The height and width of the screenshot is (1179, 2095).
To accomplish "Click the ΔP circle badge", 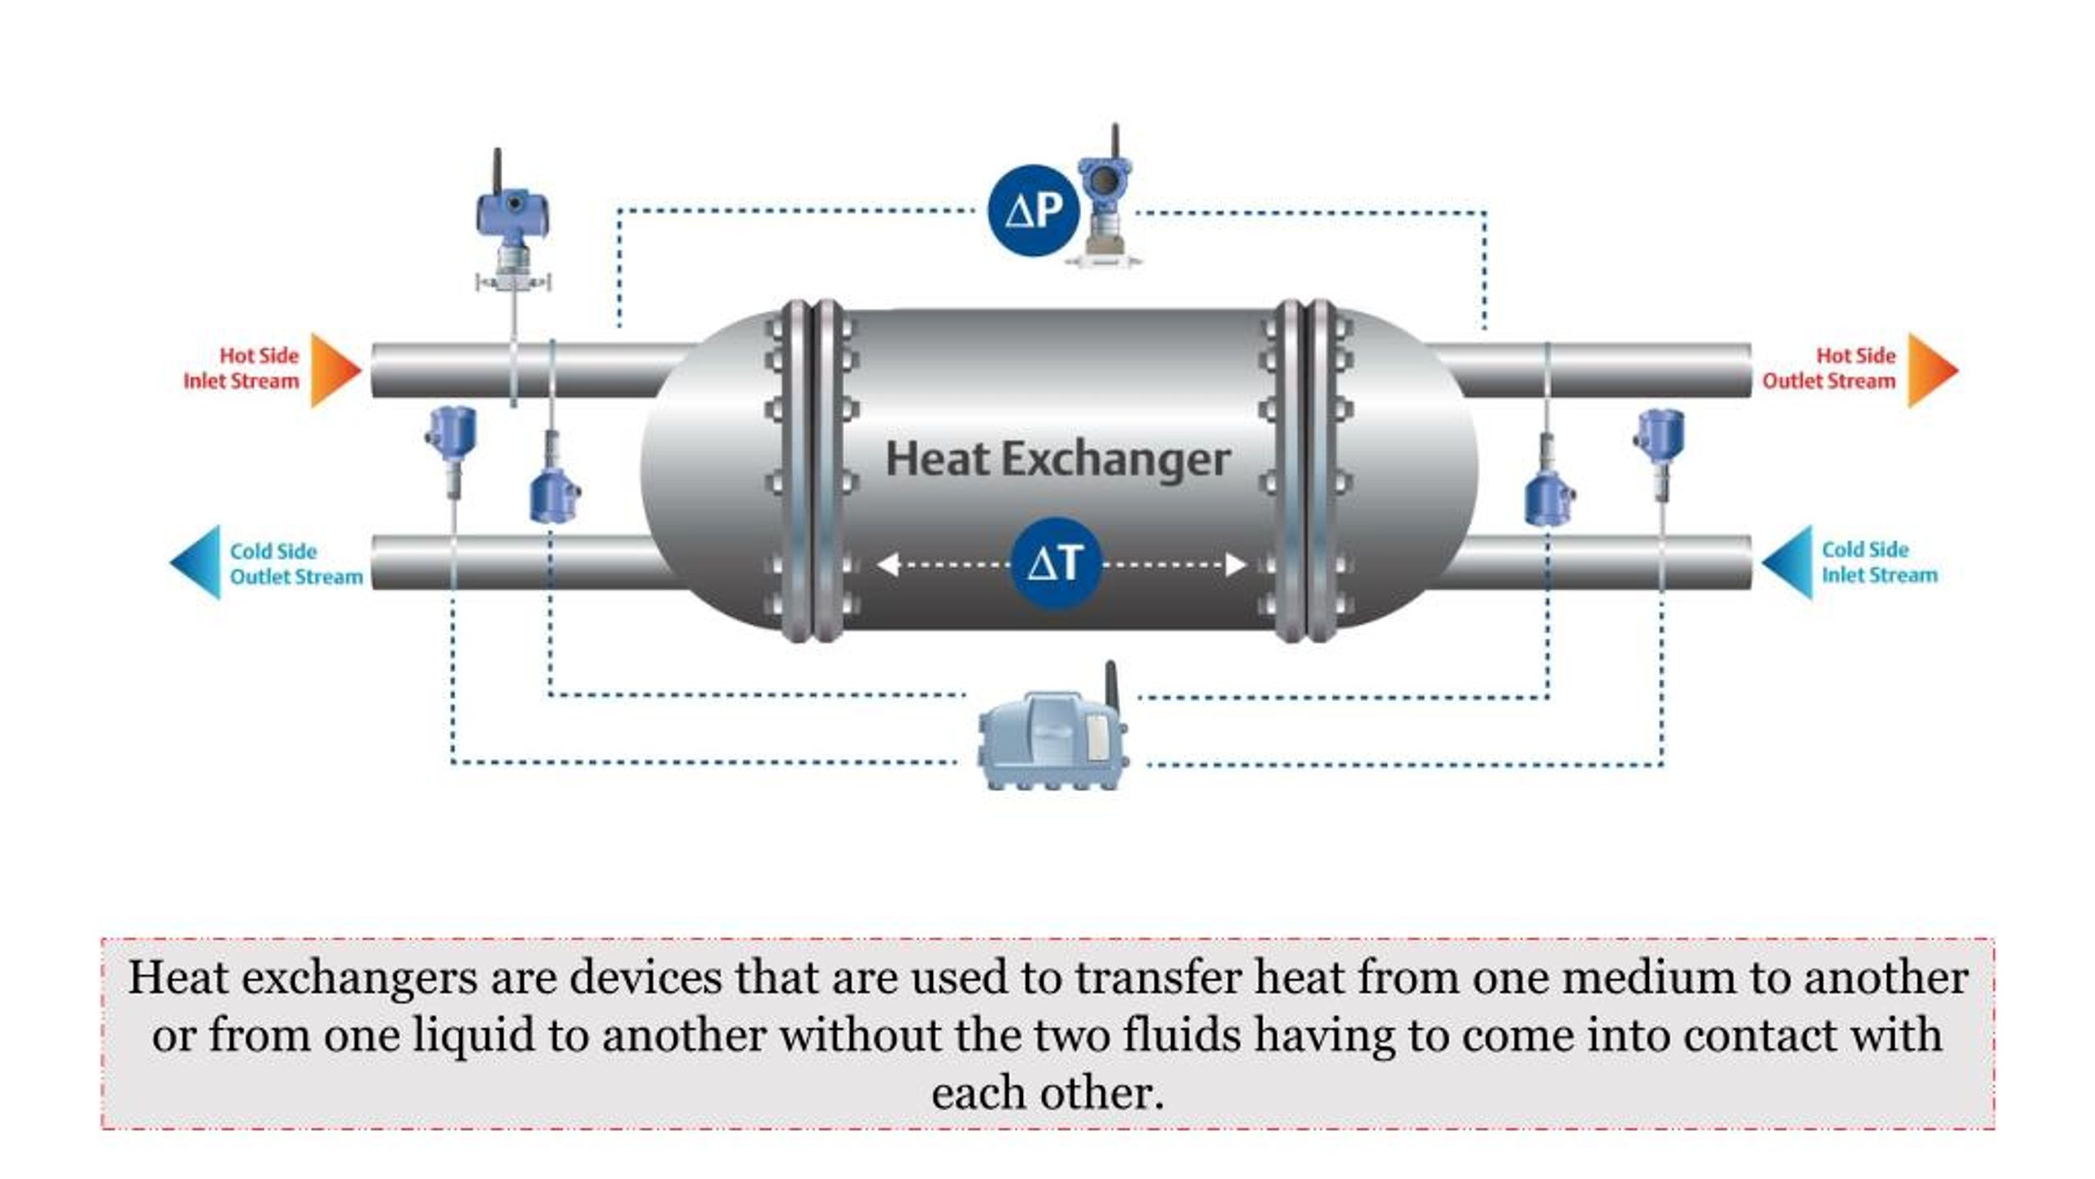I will coord(1034,210).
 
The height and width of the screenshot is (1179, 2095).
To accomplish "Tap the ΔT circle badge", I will coord(1056,563).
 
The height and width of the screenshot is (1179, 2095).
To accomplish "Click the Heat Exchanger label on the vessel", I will coord(1057,458).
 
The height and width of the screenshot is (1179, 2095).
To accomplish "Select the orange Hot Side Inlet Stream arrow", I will coord(333,370).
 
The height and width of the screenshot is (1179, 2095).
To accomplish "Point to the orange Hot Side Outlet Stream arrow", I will coord(1931,370).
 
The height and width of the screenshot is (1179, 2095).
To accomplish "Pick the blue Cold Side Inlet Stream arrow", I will coord(1790,562).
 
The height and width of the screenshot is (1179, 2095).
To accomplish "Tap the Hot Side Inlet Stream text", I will coord(242,368).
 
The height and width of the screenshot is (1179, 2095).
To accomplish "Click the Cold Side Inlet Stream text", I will coord(1879,562).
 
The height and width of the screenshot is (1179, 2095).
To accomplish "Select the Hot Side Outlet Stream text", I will coord(1830,368).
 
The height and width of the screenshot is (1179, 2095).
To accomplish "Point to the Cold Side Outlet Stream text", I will coord(295,563).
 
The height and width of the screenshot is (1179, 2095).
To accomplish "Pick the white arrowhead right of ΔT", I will coord(1235,564).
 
